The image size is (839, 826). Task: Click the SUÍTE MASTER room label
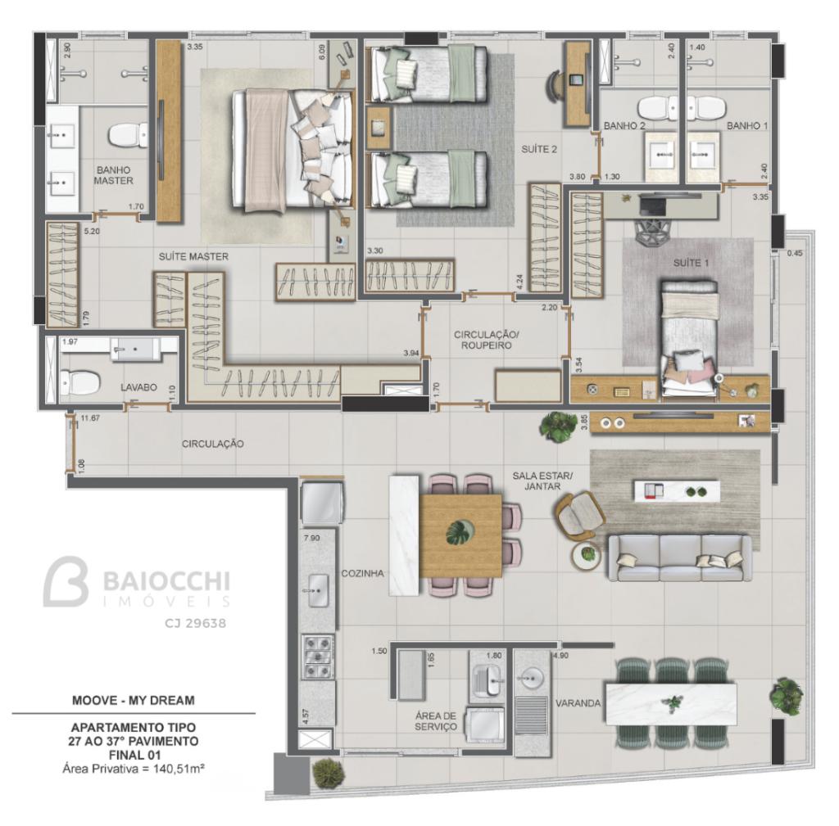coord(193,256)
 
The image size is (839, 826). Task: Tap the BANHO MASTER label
coord(113,175)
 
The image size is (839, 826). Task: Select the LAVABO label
coord(138,387)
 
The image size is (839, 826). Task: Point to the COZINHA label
coord(362,573)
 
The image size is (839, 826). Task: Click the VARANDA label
coord(578,703)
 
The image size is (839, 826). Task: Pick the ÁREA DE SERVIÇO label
coord(436,721)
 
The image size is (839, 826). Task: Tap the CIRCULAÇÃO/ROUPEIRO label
coord(487,340)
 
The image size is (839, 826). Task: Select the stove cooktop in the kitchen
coord(318,657)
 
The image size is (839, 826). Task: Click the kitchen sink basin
coord(319,590)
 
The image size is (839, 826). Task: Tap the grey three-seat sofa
coord(679,557)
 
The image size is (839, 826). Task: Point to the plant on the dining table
coord(460,532)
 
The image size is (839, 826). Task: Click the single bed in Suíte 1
coord(688,339)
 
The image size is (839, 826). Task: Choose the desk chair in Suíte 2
coord(556,84)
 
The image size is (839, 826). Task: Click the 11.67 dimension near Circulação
coord(90,418)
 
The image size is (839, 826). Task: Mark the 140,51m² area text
coord(179,769)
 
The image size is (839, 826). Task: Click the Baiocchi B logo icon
coord(66,581)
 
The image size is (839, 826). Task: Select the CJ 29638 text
coord(195,623)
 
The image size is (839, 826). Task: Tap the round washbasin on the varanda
coord(532,678)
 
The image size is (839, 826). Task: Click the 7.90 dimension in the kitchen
coord(311,538)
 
